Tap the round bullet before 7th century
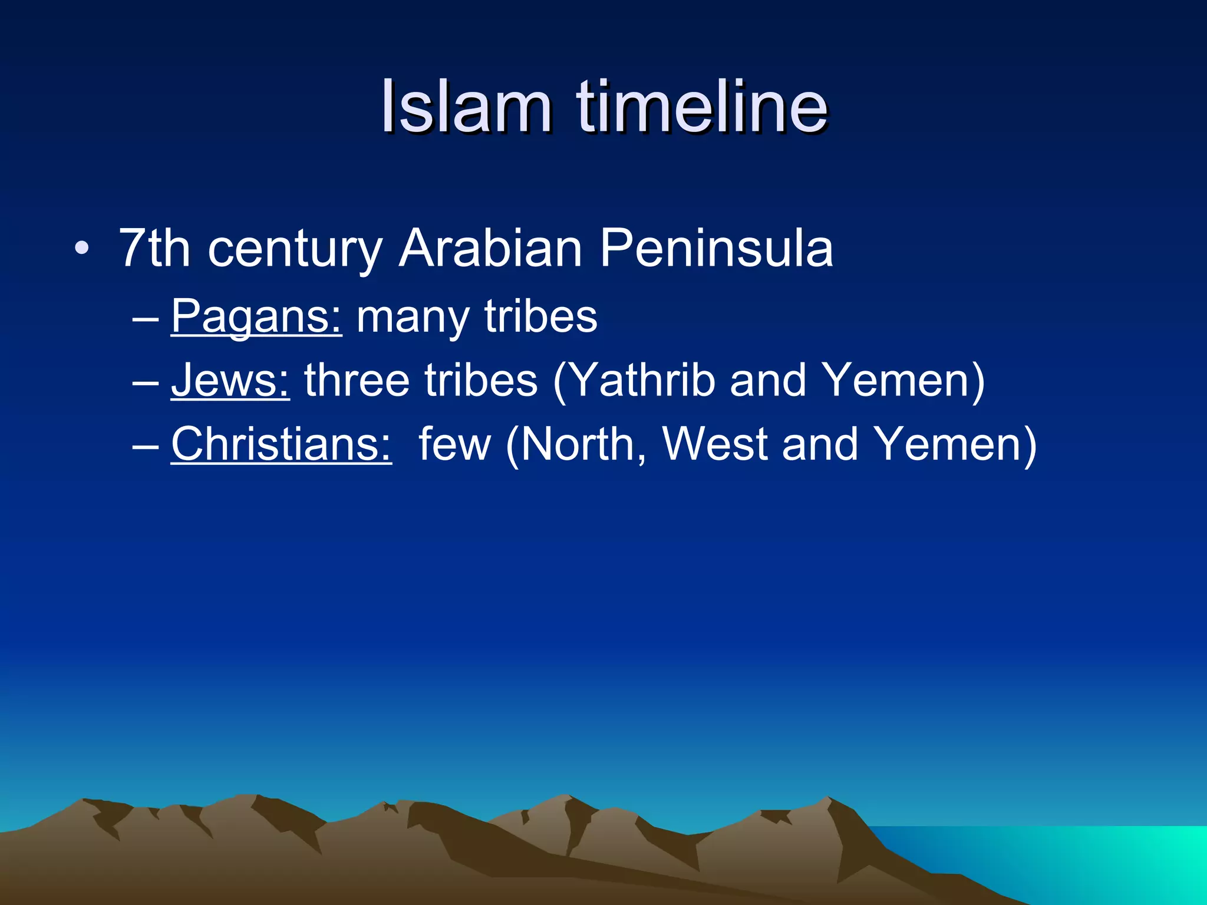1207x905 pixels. [82, 249]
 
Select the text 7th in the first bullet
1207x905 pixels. [154, 249]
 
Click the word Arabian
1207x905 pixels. [490, 249]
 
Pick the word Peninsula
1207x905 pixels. [716, 249]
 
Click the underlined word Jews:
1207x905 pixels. [230, 381]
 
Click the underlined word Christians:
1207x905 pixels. [281, 444]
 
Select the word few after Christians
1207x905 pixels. [454, 444]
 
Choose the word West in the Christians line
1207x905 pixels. [715, 444]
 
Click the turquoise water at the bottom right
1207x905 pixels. [1090, 860]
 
